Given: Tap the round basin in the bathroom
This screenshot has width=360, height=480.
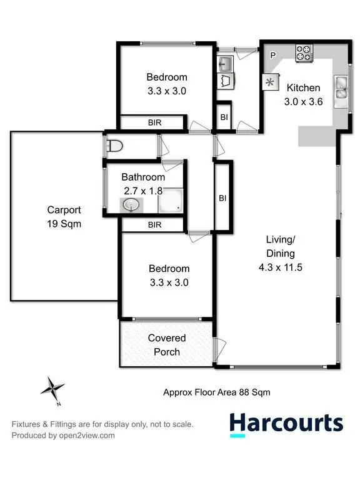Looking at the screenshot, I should pos(132,204).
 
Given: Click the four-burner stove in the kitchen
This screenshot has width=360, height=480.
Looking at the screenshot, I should pos(304,54).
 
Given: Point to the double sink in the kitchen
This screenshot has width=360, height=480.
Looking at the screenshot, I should pos(342,87).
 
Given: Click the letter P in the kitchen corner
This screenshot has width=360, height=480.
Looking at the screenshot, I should pos(272,56).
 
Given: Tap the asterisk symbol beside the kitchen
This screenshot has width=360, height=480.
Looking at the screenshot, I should pos(271,82).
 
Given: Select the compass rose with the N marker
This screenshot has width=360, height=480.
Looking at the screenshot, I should pos(52,388).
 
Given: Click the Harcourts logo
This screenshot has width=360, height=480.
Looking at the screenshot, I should pos(286,424).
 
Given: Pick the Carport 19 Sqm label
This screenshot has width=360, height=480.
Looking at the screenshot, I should pos(64,216).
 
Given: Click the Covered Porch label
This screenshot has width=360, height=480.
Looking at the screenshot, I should pos(167,345).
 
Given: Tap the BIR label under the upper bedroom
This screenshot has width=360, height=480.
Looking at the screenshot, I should pos(154,123).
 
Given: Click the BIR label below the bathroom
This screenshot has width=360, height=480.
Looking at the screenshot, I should pos(154,224).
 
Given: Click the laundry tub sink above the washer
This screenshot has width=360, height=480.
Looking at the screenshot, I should pos(226,63).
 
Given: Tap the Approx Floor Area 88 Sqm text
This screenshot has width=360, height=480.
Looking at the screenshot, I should pos(216,392).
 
